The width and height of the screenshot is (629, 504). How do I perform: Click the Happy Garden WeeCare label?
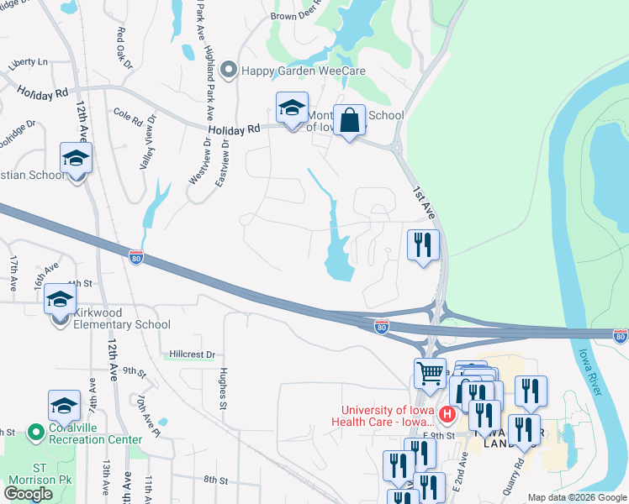click(303, 71)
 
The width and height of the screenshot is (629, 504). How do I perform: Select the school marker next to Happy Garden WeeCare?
click(292, 108)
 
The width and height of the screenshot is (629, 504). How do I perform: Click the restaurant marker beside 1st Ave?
click(422, 245)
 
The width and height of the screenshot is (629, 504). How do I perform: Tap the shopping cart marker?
click(430, 372)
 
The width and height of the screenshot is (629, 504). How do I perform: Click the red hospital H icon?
click(447, 414)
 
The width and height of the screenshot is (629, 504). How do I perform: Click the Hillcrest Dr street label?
click(193, 354)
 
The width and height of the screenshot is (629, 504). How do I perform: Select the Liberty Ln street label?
click(29, 62)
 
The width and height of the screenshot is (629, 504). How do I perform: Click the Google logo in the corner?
click(28, 493)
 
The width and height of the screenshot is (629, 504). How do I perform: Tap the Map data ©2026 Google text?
click(577, 497)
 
